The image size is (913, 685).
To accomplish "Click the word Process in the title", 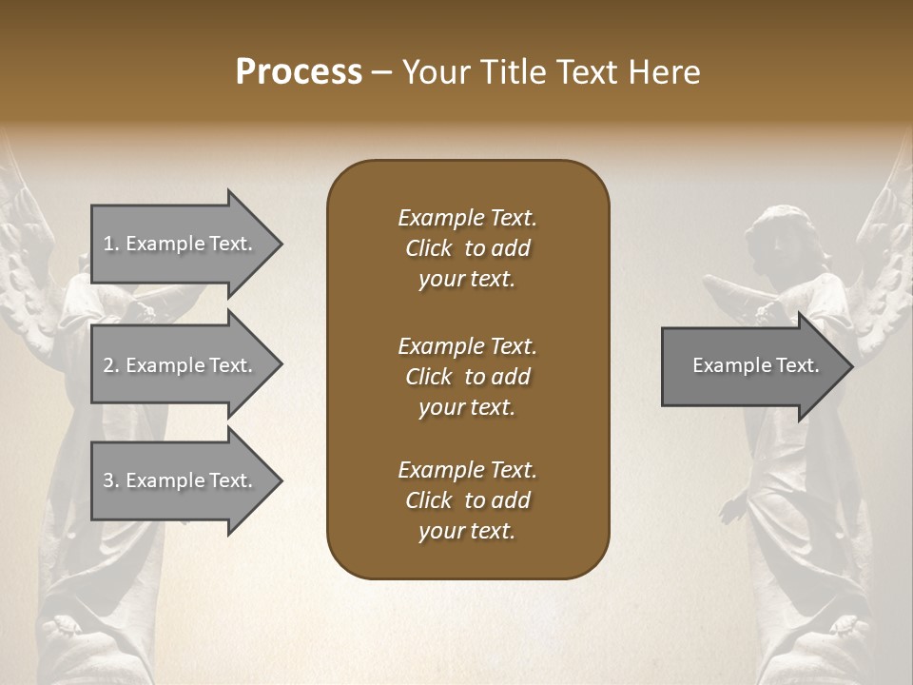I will pos(299,72).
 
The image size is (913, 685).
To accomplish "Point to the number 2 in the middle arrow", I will pos(109,365).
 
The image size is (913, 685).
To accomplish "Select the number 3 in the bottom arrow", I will pos(109,480).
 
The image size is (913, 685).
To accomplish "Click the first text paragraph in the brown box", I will pos(467,248).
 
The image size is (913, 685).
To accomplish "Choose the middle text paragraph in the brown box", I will pos(467,377).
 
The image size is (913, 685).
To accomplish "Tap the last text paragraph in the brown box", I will pos(467,500).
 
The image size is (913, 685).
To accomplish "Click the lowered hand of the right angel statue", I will pos(731,509).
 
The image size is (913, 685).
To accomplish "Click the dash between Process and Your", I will pos(381,73).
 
